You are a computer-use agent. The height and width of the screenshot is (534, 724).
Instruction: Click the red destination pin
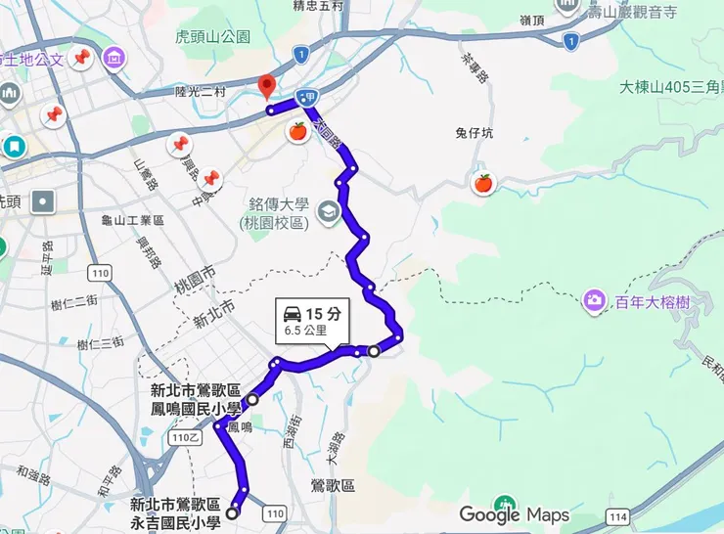(x=266, y=86)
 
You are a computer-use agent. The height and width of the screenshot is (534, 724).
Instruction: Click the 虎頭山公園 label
(x=212, y=37)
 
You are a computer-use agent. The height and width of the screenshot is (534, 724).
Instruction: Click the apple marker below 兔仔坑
(x=482, y=183)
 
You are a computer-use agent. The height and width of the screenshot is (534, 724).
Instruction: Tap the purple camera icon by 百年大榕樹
(x=594, y=300)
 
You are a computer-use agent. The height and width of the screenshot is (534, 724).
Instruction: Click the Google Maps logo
(x=514, y=514)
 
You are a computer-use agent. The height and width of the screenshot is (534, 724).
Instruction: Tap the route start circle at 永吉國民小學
(x=232, y=512)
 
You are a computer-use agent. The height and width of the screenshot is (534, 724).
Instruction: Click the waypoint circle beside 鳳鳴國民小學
(x=252, y=399)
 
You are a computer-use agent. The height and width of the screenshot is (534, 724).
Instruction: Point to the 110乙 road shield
(x=183, y=439)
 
